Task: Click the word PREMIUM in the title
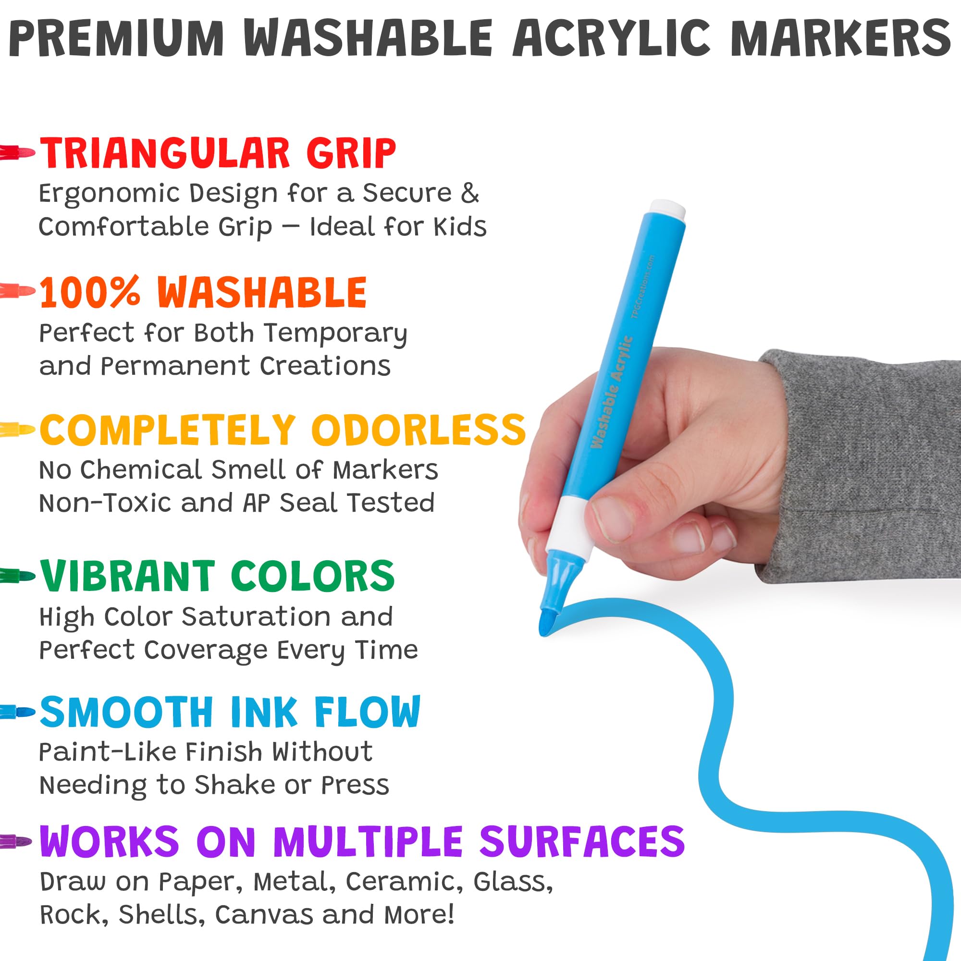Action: pos(117,39)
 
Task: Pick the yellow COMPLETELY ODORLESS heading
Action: pos(283,429)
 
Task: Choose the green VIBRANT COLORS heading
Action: pos(217,576)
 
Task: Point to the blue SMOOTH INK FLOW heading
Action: pos(230,712)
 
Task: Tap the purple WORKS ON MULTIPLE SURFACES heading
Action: pos(362,841)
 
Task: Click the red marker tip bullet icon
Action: pos(17,152)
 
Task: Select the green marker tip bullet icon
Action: pos(17,577)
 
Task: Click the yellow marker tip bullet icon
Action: pos(17,429)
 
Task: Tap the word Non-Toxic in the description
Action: pos(105,503)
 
